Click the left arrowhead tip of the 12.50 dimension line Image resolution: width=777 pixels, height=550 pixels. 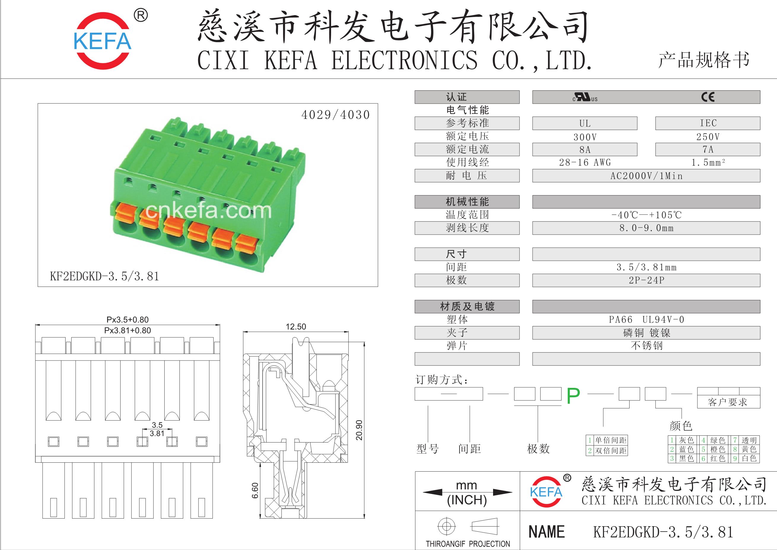(x=243, y=331)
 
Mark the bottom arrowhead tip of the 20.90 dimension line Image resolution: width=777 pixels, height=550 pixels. (x=364, y=519)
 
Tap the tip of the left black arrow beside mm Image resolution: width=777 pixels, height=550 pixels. (x=423, y=492)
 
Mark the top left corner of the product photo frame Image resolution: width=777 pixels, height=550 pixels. (x=38, y=104)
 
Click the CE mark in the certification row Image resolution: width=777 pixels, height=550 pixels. (x=708, y=97)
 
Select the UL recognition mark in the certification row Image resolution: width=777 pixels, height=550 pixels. (x=585, y=97)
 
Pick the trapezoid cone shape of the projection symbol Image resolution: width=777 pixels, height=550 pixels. (x=484, y=527)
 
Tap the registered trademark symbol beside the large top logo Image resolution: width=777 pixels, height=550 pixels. (x=141, y=15)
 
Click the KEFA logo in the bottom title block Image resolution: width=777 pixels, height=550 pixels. (x=546, y=492)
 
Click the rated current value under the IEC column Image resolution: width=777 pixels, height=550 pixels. (x=708, y=149)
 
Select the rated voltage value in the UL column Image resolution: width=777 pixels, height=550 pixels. (x=585, y=137)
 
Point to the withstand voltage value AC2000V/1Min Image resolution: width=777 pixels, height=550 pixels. (x=646, y=176)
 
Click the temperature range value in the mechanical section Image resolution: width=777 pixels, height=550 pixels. (x=646, y=215)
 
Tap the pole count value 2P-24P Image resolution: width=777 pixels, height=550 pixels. (x=646, y=280)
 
